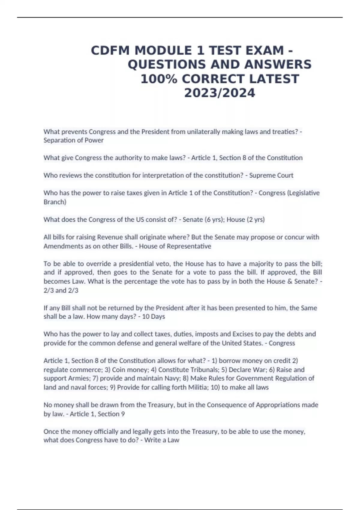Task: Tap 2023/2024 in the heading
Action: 220,93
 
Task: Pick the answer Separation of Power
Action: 73,140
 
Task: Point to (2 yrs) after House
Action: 256,219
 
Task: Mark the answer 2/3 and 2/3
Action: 61,290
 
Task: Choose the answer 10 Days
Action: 153,316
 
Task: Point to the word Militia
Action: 197,387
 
